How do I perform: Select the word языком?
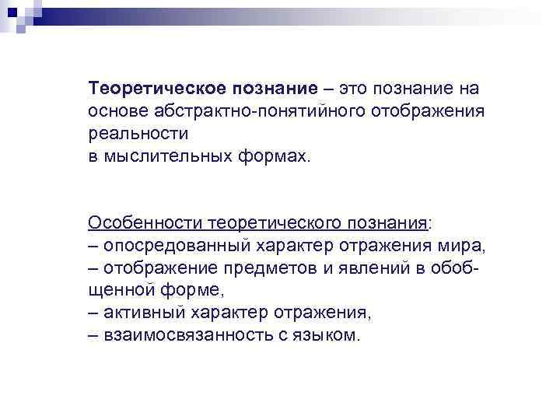(332, 336)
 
